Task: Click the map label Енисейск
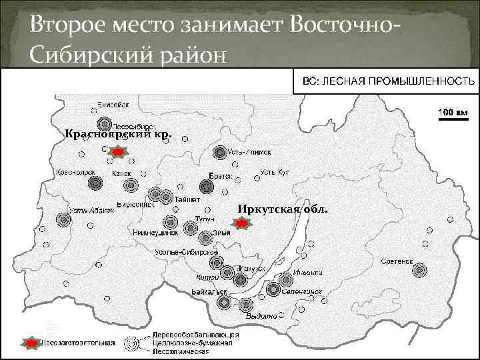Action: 111,105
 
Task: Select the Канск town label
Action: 121,173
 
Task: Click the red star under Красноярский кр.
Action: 117,153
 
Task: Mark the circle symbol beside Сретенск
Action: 420,270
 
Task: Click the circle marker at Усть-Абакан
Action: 63,219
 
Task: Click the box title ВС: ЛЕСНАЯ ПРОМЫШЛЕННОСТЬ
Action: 389,82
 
